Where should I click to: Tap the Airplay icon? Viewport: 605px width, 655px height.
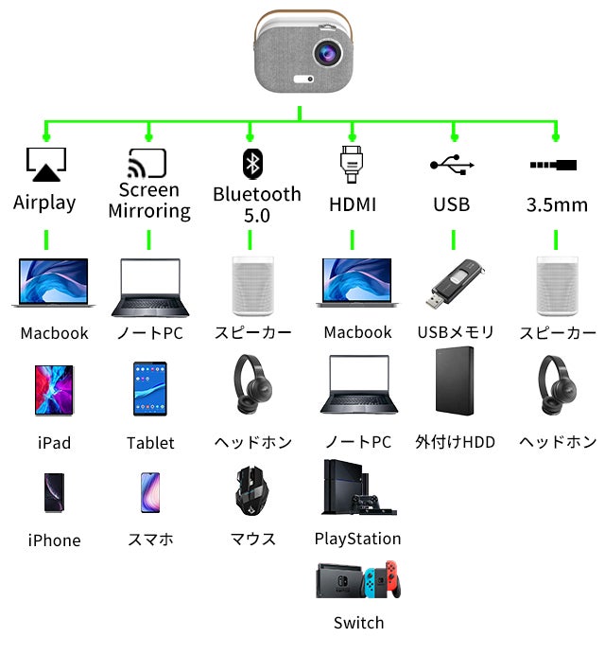pyautogui.click(x=45, y=166)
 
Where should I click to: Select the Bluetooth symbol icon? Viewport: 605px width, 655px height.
pyautogui.click(x=251, y=163)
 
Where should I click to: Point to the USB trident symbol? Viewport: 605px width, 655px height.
pyautogui.click(x=452, y=164)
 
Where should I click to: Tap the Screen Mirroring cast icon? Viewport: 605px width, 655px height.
pyautogui.click(x=147, y=163)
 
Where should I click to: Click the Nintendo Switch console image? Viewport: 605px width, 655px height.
pyautogui.click(x=358, y=579)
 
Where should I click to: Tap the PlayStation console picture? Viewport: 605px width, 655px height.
pyautogui.click(x=357, y=488)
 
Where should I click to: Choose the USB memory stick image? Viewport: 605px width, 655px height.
pyautogui.click(x=455, y=284)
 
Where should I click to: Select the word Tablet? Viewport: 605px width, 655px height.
pyautogui.click(x=150, y=443)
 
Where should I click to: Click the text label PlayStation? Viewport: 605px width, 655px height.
pyautogui.click(x=357, y=539)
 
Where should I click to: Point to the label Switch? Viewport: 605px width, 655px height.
pyautogui.click(x=358, y=623)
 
